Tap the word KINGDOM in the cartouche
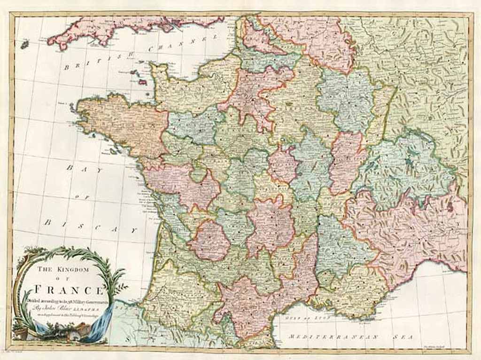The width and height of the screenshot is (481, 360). click(x=78, y=270)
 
